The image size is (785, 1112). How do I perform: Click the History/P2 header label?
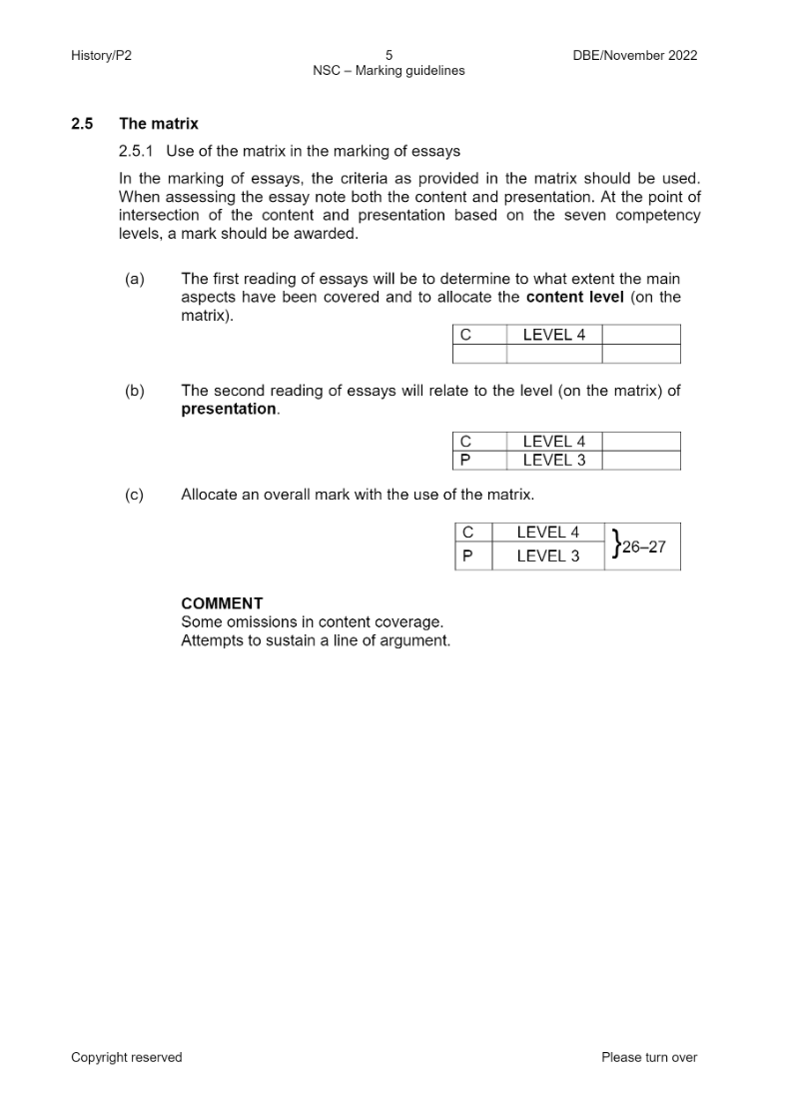pos(101,56)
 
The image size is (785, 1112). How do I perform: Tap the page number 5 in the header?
pos(389,56)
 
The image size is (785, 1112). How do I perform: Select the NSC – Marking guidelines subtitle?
pos(389,71)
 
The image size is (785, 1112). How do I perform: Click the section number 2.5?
pos(82,124)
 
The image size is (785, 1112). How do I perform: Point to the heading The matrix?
pos(159,124)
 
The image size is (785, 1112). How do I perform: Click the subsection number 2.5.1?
pos(138,152)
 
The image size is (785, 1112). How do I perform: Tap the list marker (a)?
pos(135,280)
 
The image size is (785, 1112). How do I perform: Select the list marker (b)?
pos(135,391)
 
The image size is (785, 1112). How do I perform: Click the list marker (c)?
pos(135,495)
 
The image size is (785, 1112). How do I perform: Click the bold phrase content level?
pos(574,297)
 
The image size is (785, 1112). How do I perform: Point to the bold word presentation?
pos(229,409)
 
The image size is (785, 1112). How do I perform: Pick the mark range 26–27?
pos(643,547)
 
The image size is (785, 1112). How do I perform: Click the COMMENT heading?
pos(222,603)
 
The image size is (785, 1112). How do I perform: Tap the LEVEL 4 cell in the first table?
pos(554,335)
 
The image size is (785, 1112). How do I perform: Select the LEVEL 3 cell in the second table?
pos(554,461)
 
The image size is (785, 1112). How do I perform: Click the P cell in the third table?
pos(466,556)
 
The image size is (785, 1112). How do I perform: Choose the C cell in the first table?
pos(466,335)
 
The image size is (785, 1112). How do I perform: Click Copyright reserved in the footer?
pos(127,1057)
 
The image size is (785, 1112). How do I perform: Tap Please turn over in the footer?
pos(649,1057)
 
